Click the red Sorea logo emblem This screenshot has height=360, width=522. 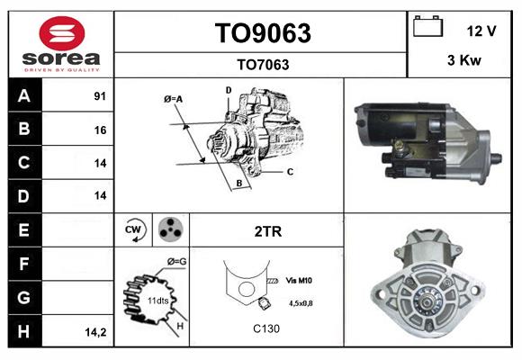pos(62,33)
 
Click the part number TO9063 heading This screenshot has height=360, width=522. pos(263,33)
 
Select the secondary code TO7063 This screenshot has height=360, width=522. pos(263,65)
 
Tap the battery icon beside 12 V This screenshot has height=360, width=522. pos(428,26)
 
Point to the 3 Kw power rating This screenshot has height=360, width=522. pos(464,60)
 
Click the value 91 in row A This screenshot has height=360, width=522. pos(100,96)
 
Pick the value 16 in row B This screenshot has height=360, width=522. pos(100,130)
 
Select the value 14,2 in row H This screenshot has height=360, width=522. pos(95,332)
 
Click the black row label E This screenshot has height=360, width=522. pos(24,230)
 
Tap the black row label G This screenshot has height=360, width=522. pos(24,298)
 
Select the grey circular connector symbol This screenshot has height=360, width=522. pos(171,229)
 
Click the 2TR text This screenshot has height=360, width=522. pos(268,231)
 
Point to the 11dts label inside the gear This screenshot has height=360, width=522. pos(158,301)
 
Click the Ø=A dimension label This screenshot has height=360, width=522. pos(173,99)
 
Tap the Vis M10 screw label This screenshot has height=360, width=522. pos(299,281)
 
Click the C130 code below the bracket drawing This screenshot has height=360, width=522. pos(266,328)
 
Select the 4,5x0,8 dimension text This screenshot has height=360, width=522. pos(301,303)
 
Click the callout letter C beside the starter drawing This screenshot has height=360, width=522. pos(290,172)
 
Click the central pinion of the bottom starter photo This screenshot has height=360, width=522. pos(426,301)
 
